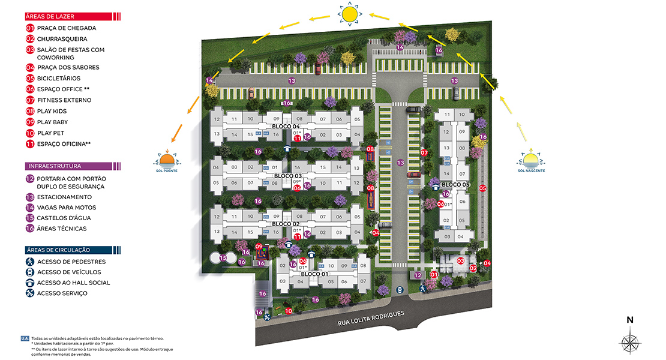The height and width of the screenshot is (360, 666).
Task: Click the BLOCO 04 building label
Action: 286,127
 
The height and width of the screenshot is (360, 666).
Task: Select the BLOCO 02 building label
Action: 286,224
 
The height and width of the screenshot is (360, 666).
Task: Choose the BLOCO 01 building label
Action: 314,274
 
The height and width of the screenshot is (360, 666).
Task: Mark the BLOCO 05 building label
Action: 455,184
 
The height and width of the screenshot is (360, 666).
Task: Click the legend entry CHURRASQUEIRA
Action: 61,39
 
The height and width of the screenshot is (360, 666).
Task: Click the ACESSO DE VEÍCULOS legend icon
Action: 30,272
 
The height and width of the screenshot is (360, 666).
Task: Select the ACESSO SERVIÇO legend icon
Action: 30,293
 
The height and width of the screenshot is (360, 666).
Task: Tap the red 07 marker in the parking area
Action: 424,152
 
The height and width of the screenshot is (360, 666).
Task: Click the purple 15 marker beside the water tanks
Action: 223,258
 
